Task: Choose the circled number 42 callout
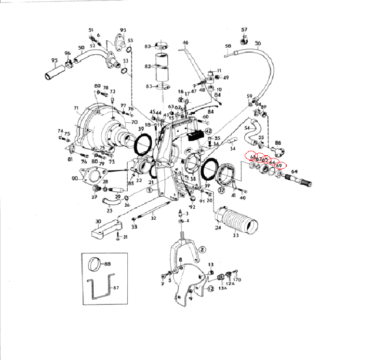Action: coord(208,131)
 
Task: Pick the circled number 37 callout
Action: coord(222,190)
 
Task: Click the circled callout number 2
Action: coord(202,249)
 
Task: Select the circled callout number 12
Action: coord(211,289)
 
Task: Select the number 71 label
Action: coord(76,108)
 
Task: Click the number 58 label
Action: coord(228,46)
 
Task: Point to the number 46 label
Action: coord(186,43)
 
